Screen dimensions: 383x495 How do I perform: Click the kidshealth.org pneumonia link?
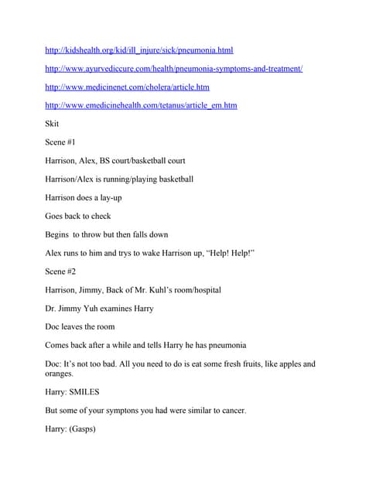pyautogui.click(x=139, y=50)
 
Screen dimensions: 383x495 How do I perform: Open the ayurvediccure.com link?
pyautogui.click(x=174, y=69)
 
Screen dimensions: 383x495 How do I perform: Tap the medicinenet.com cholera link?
pyautogui.click(x=127, y=87)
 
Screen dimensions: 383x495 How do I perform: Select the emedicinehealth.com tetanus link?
pyautogui.click(x=142, y=105)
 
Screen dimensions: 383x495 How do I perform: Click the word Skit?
pyautogui.click(x=53, y=124)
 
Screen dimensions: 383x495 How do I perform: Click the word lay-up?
pyautogui.click(x=108, y=198)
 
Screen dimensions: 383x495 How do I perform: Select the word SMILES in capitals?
pyautogui.click(x=92, y=392)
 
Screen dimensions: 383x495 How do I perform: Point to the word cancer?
pyautogui.click(x=230, y=411)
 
